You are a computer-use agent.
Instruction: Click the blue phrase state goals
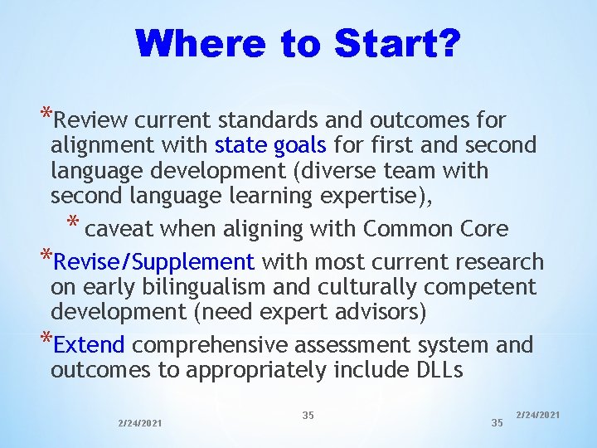pos(270,146)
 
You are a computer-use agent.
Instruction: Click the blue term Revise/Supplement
pos(153,263)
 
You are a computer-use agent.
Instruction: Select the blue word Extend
pos(89,344)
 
